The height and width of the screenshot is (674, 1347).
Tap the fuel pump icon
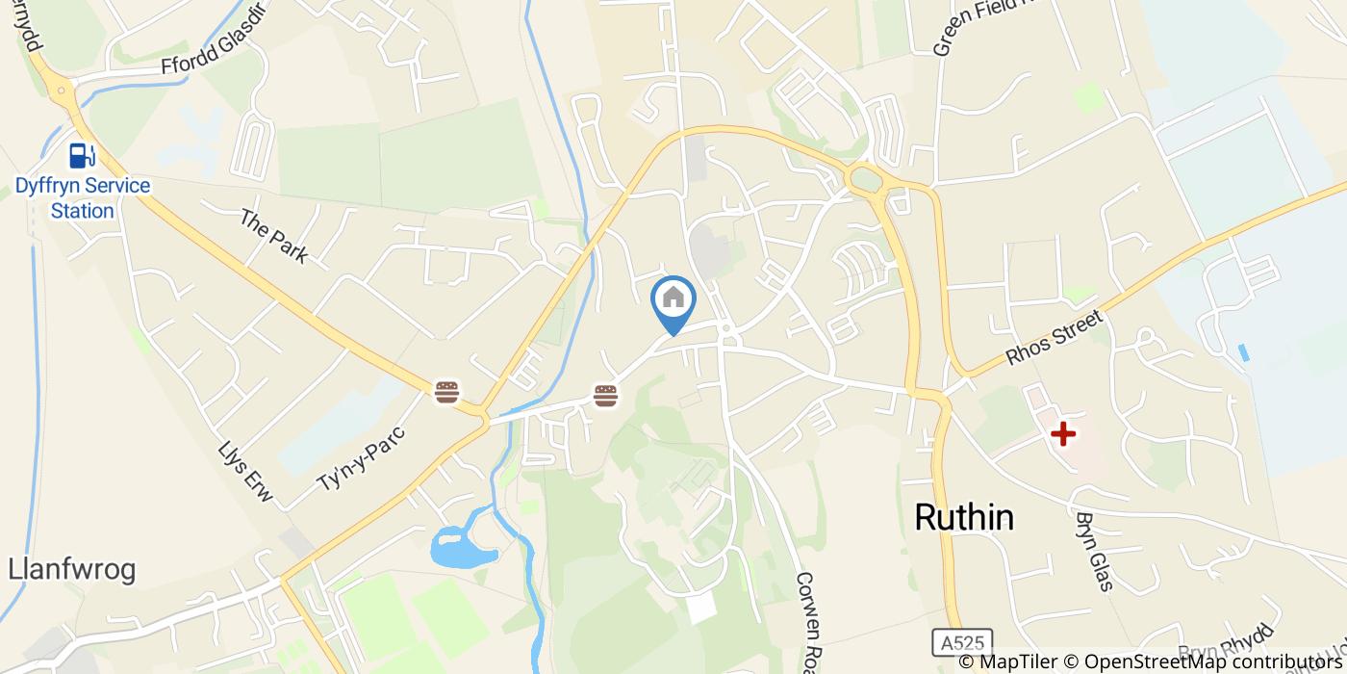pyautogui.click(x=82, y=154)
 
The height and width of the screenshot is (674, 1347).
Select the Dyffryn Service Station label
pyautogui.click(x=83, y=198)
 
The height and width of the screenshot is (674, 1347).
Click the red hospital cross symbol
pyautogui.click(x=1063, y=434)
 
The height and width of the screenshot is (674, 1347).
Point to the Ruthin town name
pyautogui.click(x=963, y=517)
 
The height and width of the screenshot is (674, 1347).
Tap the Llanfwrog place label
pyautogui.click(x=71, y=570)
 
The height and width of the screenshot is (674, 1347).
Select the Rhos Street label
pyautogui.click(x=1054, y=336)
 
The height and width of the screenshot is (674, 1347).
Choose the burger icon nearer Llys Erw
pyautogui.click(x=446, y=391)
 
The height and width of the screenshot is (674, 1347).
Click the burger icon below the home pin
pyautogui.click(x=605, y=394)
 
